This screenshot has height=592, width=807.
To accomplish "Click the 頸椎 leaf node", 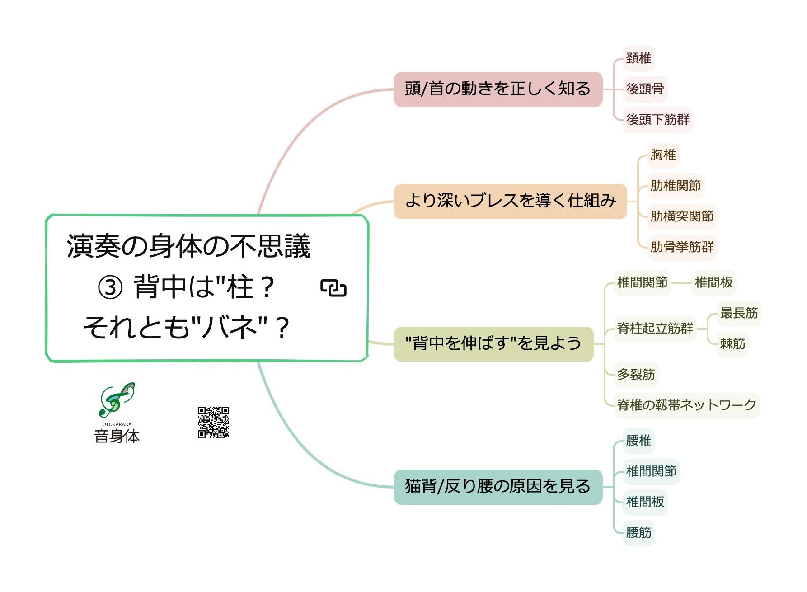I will [x=638, y=58].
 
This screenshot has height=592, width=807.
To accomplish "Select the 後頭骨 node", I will [x=644, y=89].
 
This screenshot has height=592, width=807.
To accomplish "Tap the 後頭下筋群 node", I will [x=657, y=120].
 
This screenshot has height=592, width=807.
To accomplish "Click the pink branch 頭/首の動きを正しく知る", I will [x=498, y=89].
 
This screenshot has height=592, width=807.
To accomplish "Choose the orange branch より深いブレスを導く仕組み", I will [x=510, y=201].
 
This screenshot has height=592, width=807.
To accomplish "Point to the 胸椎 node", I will [x=663, y=155].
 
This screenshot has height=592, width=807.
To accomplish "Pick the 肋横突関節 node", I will [x=681, y=216].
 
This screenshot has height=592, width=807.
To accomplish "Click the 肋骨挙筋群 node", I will [x=681, y=247].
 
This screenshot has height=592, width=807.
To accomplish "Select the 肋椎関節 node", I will [x=675, y=186].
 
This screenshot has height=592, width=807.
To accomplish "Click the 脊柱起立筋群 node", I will [x=655, y=329].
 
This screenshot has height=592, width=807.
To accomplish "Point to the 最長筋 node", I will [x=738, y=313].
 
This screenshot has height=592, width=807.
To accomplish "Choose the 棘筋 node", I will [x=732, y=344].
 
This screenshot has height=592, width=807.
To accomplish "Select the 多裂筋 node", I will [x=636, y=375].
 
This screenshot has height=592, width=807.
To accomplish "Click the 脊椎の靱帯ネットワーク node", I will [x=686, y=405].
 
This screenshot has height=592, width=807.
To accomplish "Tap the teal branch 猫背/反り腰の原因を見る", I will [x=498, y=487].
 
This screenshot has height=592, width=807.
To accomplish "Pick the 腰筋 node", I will [x=638, y=533].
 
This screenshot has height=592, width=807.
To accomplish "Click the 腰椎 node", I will [x=638, y=441].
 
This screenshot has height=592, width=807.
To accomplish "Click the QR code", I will [x=214, y=422].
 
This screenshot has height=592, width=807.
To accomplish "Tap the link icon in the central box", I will [x=333, y=288].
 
